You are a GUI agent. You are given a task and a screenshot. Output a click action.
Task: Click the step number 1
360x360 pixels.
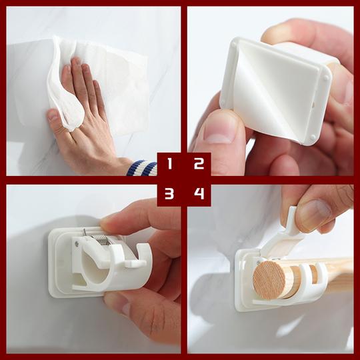170,163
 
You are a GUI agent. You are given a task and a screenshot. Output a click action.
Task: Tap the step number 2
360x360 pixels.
199,163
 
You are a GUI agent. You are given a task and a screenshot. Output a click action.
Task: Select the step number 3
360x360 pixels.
169,193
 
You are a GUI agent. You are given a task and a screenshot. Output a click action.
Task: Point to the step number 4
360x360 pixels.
199,193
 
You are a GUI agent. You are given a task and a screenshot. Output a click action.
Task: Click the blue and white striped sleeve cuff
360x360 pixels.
141,168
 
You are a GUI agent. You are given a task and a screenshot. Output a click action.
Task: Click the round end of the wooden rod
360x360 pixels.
269,279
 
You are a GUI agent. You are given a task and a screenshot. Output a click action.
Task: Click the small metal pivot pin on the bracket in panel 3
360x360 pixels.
77,243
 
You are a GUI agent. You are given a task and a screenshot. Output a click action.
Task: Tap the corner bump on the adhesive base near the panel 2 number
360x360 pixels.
313,137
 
